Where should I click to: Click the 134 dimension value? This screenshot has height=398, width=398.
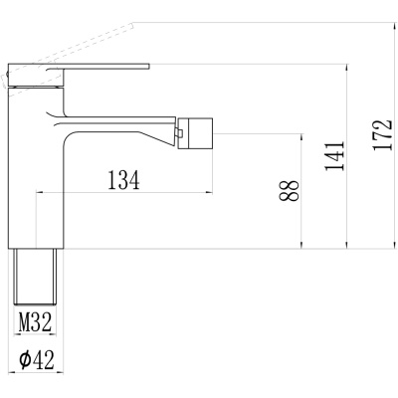[x=124, y=180]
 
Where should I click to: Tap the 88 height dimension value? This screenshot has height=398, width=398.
[x=290, y=191]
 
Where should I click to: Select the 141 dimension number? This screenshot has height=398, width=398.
[x=334, y=156]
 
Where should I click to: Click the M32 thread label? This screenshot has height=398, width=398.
[x=35, y=322]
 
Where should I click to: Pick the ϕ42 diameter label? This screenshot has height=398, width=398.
[x=36, y=360]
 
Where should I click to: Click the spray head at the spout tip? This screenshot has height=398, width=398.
[x=195, y=133]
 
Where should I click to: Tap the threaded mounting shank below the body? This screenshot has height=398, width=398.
[x=35, y=277]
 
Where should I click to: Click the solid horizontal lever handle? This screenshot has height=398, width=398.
[x=79, y=68]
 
